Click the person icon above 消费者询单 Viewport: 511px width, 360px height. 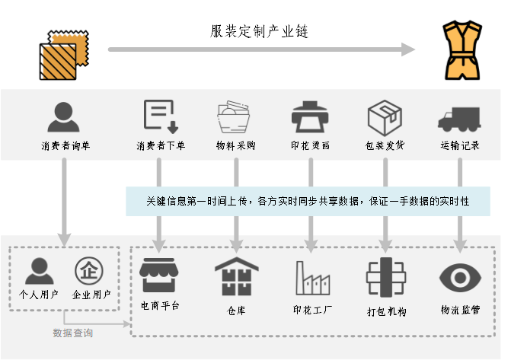pyautogui.click(x=64, y=117)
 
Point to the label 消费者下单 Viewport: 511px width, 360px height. pyautogui.click(x=161, y=145)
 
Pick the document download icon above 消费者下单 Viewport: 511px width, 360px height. pyautogui.click(x=161, y=116)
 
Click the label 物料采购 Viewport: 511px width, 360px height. pyautogui.click(x=235, y=145)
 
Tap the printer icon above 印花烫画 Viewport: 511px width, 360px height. pyautogui.click(x=310, y=117)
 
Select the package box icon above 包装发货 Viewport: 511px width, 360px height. pyautogui.click(x=385, y=117)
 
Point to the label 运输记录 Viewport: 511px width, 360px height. pyautogui.click(x=459, y=145)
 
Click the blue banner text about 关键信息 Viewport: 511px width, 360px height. pyautogui.click(x=308, y=201)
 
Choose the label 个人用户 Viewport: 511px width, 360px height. pyautogui.click(x=37, y=294)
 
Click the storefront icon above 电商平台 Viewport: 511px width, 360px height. pyautogui.click(x=161, y=276)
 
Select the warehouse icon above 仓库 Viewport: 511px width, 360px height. pyautogui.click(x=236, y=276)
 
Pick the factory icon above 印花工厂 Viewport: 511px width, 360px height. pyautogui.click(x=312, y=277)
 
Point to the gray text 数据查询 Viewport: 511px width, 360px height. pyautogui.click(x=73, y=333)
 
